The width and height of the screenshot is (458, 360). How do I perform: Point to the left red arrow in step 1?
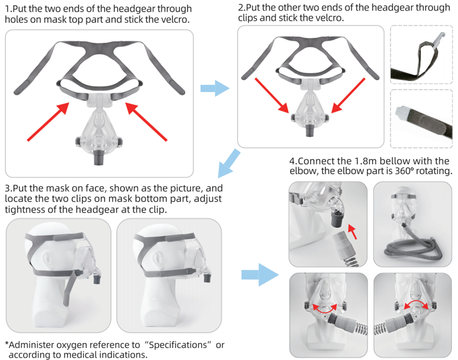[48, 121]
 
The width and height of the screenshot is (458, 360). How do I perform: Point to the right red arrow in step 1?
[147, 121]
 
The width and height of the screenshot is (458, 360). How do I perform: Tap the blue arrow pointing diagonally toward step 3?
[229, 163]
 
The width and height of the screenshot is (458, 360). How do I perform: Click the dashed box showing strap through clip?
[420, 55]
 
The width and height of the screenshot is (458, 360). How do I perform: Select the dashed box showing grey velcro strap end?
[420, 118]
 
